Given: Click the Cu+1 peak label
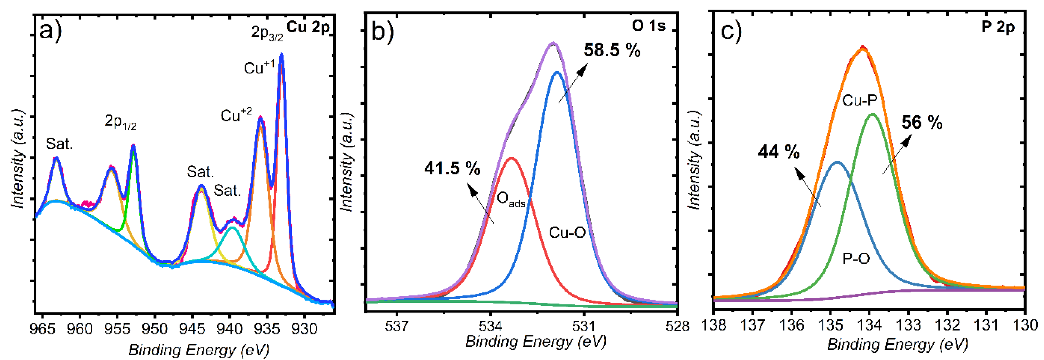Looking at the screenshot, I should click(x=259, y=68).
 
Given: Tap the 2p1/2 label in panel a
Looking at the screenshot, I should click(x=120, y=122).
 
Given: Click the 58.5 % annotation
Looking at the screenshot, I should click(x=612, y=50).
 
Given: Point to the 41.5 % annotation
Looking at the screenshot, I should click(x=452, y=168).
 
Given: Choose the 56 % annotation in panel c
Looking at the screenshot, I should click(x=922, y=122).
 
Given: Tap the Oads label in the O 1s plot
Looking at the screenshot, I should click(x=511, y=199).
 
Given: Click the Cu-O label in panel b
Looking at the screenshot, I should click(x=567, y=233).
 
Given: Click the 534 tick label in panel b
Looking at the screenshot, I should click(x=490, y=326).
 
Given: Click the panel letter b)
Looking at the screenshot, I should click(x=382, y=32).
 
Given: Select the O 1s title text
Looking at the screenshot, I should click(x=648, y=26).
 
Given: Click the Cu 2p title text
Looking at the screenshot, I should click(x=308, y=27).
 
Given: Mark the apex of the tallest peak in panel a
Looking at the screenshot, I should click(x=282, y=54).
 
